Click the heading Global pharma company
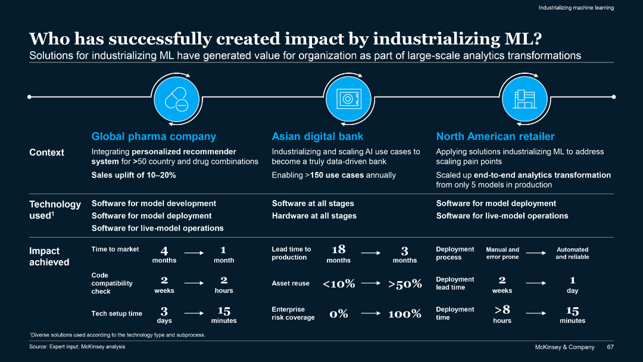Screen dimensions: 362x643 pyautogui.click(x=154, y=136)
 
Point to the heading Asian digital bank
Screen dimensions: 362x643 pyautogui.click(x=317, y=136)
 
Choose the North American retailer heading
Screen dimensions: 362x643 pyautogui.click(x=495, y=136)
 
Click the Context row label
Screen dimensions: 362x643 pyautogui.click(x=46, y=152)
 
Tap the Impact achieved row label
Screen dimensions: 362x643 pyautogui.click(x=49, y=257)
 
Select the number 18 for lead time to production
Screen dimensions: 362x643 pyautogui.click(x=338, y=249)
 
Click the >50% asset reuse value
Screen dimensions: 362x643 pyautogui.click(x=405, y=284)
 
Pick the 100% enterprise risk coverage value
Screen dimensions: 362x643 pyautogui.click(x=404, y=314)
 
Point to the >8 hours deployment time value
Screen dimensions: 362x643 pyautogui.click(x=502, y=310)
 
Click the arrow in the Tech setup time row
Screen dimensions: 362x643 pyautogui.click(x=194, y=312)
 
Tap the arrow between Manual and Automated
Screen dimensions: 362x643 pyautogui.click(x=536, y=252)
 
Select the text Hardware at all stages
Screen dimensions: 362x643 pyautogui.click(x=314, y=216)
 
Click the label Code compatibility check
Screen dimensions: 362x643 pyautogui.click(x=112, y=283)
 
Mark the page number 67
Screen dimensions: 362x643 pyautogui.click(x=610, y=347)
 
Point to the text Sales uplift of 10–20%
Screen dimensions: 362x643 pyautogui.click(x=133, y=175)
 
